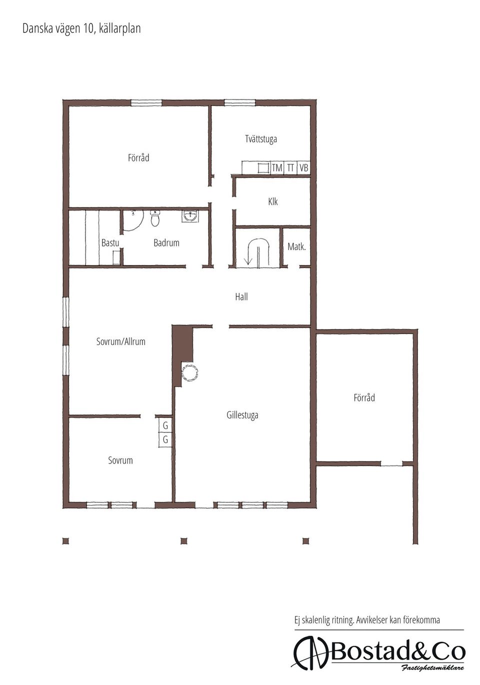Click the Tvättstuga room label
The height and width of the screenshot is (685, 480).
261,139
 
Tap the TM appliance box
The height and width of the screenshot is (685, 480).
277,167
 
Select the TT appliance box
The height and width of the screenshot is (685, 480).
290,167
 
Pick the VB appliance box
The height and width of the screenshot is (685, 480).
303,167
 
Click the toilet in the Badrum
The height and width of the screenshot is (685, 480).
155,218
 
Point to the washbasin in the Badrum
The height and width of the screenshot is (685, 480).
190,216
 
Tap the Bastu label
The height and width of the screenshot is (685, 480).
110,243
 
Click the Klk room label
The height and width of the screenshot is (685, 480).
272,201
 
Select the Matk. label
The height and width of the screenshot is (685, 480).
296,246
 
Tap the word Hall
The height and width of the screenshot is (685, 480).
241,296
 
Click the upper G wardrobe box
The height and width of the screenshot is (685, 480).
165,425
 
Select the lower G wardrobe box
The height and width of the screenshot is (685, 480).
165,439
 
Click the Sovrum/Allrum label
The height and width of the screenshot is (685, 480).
121,341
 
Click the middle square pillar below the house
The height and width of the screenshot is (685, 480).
183,541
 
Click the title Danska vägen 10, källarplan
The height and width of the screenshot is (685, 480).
81,28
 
